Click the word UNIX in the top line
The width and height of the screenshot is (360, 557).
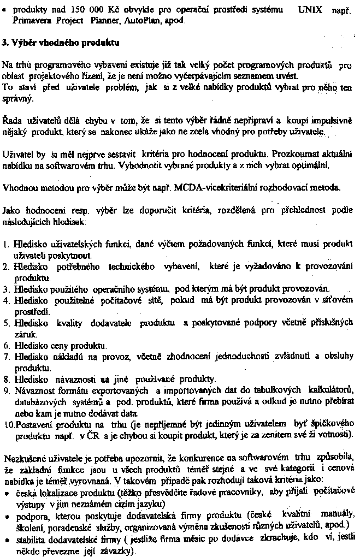[310, 10]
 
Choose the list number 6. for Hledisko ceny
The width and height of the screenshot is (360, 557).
[6, 346]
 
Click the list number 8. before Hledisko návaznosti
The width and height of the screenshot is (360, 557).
[6, 379]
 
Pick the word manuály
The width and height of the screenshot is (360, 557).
[330, 514]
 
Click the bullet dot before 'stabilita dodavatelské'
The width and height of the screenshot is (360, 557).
[7, 538]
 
